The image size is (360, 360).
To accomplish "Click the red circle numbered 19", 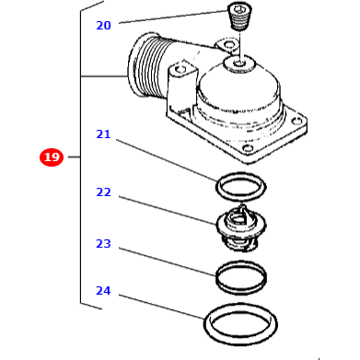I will pyautogui.click(x=52, y=157).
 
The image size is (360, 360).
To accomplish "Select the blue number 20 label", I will pyautogui.click(x=103, y=26).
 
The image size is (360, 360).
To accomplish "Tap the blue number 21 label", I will pyautogui.click(x=103, y=134).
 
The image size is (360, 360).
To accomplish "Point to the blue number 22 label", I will pyautogui.click(x=103, y=192).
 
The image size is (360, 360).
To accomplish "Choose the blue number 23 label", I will pyautogui.click(x=103, y=244).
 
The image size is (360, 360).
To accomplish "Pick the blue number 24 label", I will pyautogui.click(x=103, y=291).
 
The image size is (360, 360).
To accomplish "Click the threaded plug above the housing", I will pyautogui.click(x=239, y=16).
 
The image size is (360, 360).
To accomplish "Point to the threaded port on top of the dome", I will pyautogui.click(x=241, y=64).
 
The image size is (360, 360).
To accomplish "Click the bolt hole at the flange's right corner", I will pyautogui.click(x=296, y=119).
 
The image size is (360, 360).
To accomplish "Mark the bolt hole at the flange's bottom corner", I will pyautogui.click(x=247, y=148).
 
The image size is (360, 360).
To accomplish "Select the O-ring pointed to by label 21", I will pyautogui.click(x=240, y=187).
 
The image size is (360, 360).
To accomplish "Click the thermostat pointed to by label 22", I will pyautogui.click(x=240, y=226).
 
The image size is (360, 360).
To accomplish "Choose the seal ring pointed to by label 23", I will pyautogui.click(x=240, y=276).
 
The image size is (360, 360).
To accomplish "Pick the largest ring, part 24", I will pyautogui.click(x=240, y=323).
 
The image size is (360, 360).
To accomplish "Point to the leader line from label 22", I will pyautogui.click(x=166, y=209).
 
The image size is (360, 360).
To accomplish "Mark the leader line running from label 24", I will pyautogui.click(x=161, y=307).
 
